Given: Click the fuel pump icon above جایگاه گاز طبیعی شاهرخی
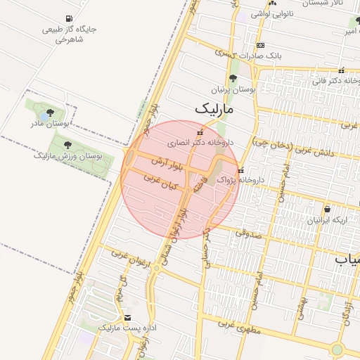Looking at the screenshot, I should point(67,19).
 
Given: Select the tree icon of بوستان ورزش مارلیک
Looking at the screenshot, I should point(68,144).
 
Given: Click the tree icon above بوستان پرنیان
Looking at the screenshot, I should point(233,79).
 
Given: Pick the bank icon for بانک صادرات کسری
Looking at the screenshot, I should point(261,45).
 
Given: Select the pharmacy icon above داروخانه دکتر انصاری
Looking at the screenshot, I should point(200,131).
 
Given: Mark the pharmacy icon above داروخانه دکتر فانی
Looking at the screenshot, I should point(341,70).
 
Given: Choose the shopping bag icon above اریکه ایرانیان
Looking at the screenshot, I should point(327,209).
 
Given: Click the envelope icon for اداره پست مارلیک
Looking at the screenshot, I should point(127,318).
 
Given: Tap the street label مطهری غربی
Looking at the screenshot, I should point(239,328).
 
